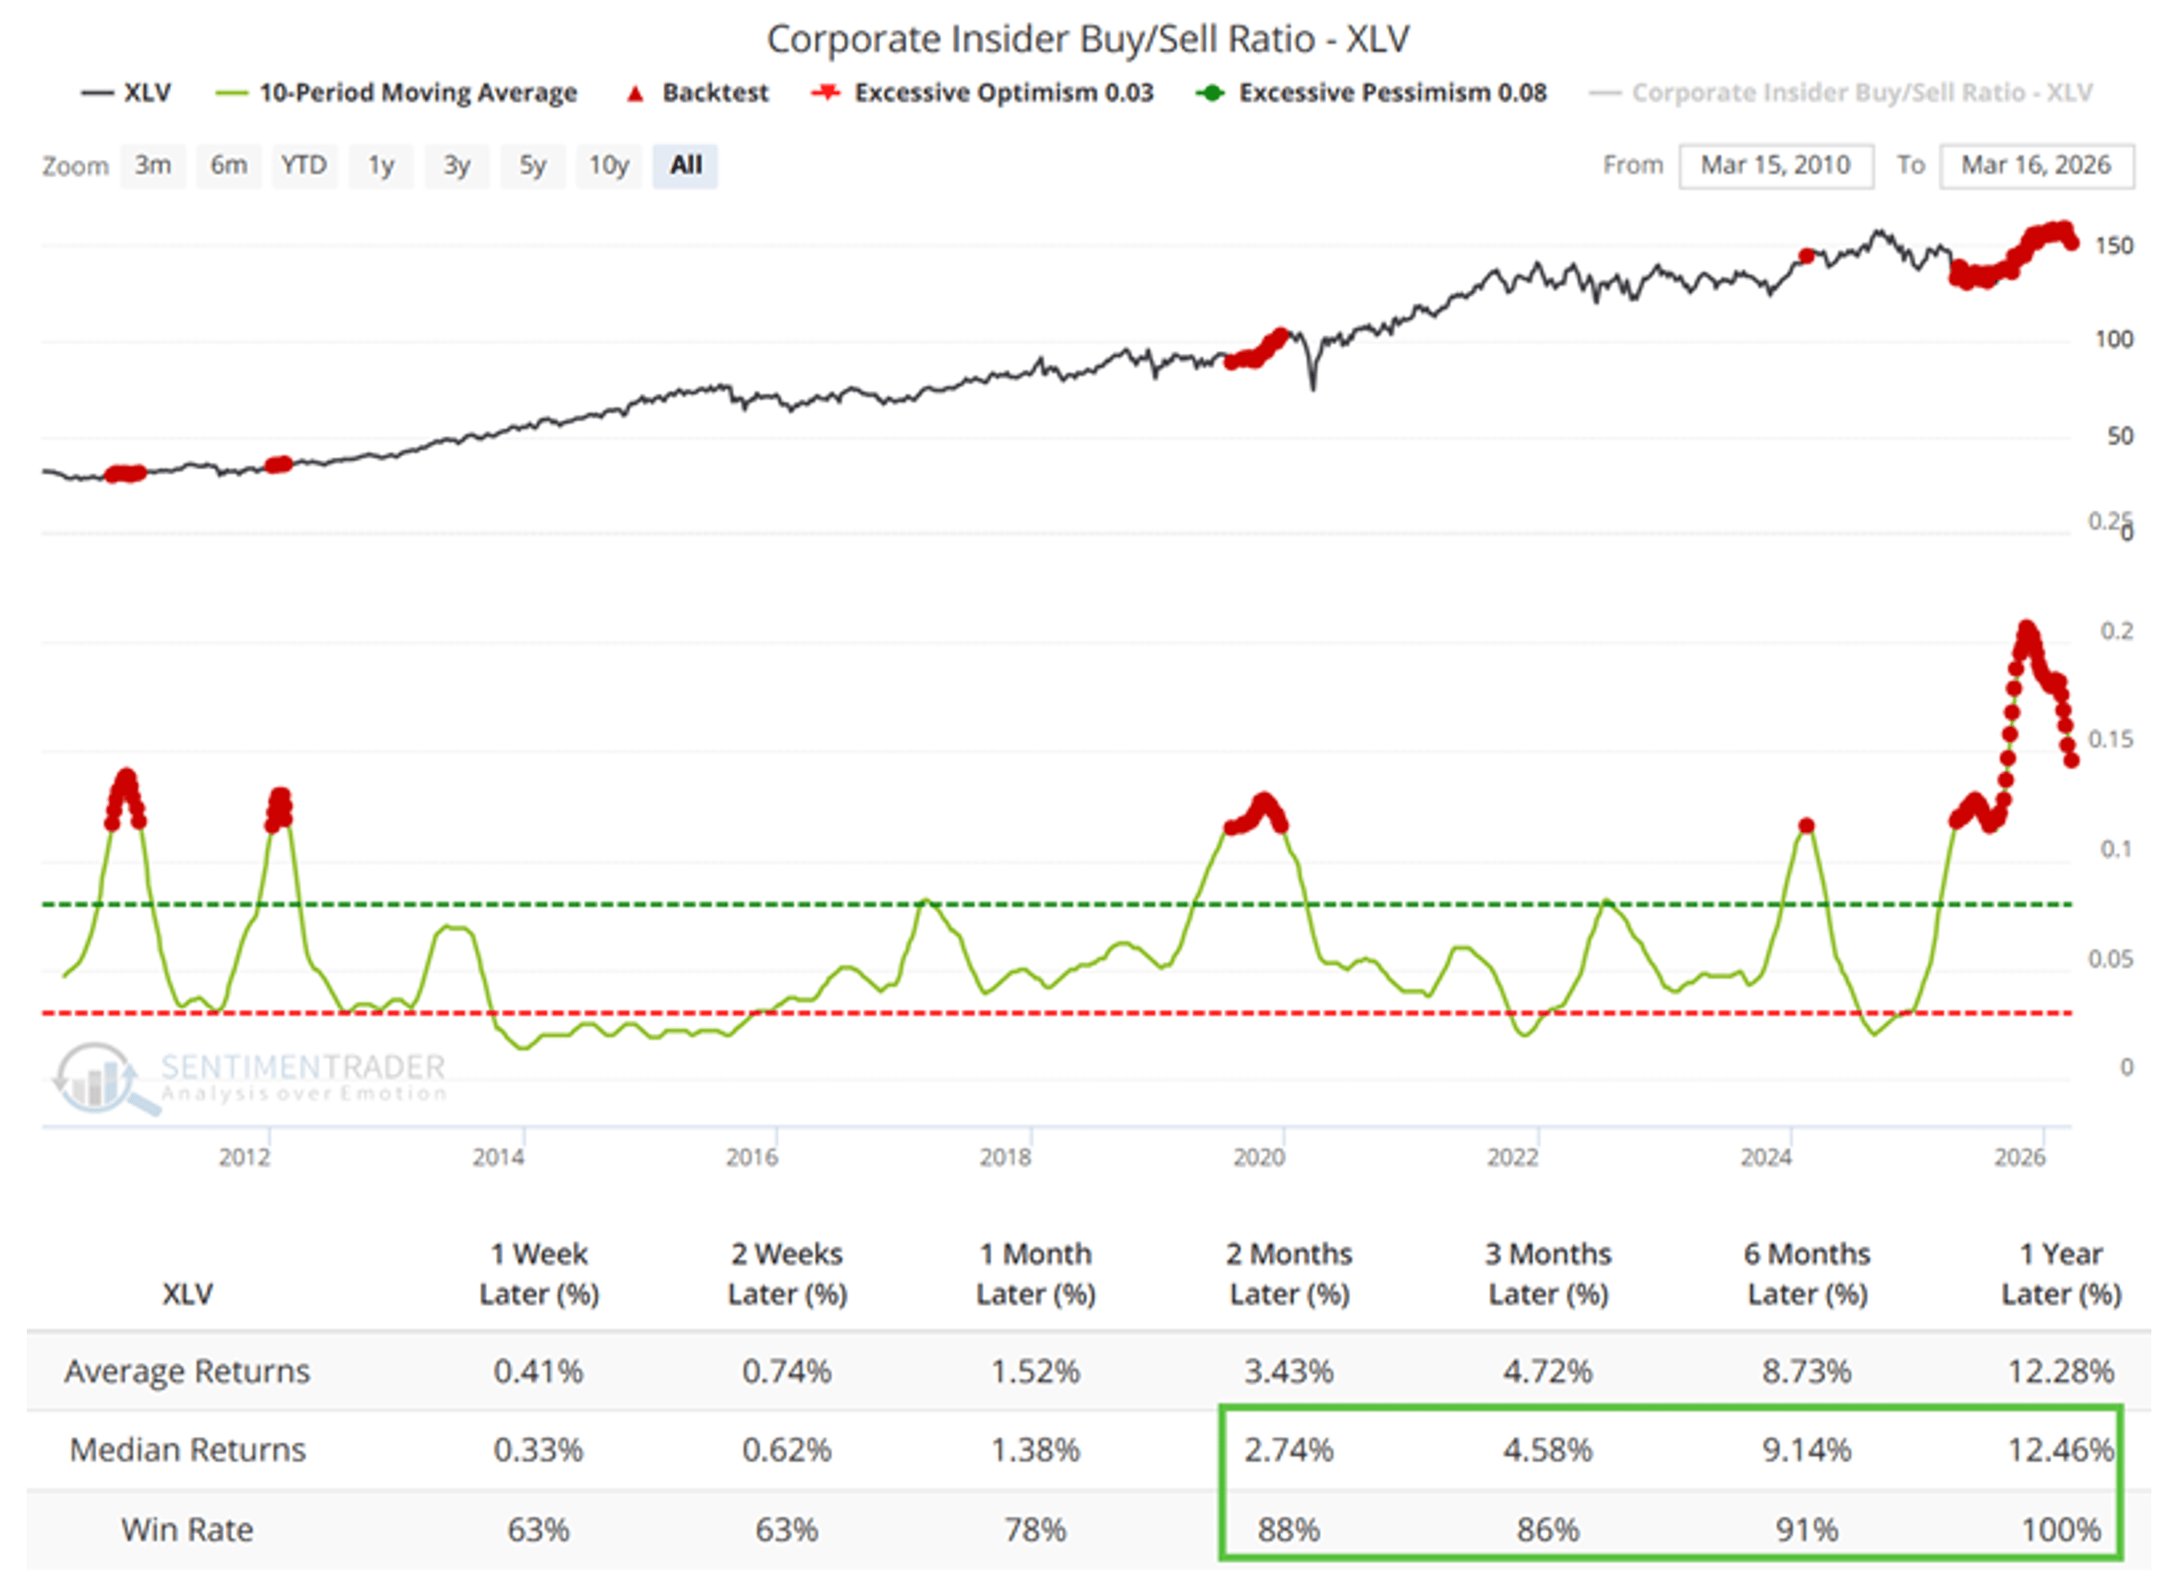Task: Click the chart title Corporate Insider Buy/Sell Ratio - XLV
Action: (1088, 40)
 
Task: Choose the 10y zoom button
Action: (609, 165)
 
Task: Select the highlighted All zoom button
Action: (685, 165)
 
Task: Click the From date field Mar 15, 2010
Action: (1775, 165)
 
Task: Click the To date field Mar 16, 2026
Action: (2035, 165)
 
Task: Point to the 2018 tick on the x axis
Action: (1006, 1156)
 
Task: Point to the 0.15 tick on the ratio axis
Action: (2111, 739)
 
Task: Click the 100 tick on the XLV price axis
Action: (2113, 339)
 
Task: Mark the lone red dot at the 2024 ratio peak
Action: (1806, 825)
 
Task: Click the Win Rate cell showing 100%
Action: (2060, 1529)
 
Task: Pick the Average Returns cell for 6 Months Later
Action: (1806, 1371)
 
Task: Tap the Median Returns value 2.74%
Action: (1288, 1449)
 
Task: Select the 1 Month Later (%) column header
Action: (1035, 1274)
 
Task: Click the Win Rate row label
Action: (187, 1529)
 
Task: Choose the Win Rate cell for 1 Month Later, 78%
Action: (1035, 1529)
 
